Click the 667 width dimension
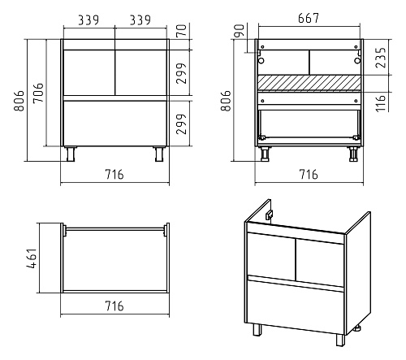pos(309,18)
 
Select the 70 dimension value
pos(182,30)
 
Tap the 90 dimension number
pos(239,30)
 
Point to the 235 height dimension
pos(381,58)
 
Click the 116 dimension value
pos(381,102)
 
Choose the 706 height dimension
pos(38,93)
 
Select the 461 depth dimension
pos(32,258)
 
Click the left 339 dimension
pos(89,20)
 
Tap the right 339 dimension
pos(140,20)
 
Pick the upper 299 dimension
pos(182,73)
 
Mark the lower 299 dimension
pos(182,124)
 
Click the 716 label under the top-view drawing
pos(114,306)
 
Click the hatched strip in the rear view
pos(309,82)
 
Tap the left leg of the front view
pos(71,154)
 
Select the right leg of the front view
pos(159,154)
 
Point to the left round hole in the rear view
pos(261,60)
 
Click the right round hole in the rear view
pos(357,60)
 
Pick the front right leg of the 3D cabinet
pos(340,340)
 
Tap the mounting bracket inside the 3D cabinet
pos(269,215)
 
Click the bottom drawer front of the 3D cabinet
pos(296,307)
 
